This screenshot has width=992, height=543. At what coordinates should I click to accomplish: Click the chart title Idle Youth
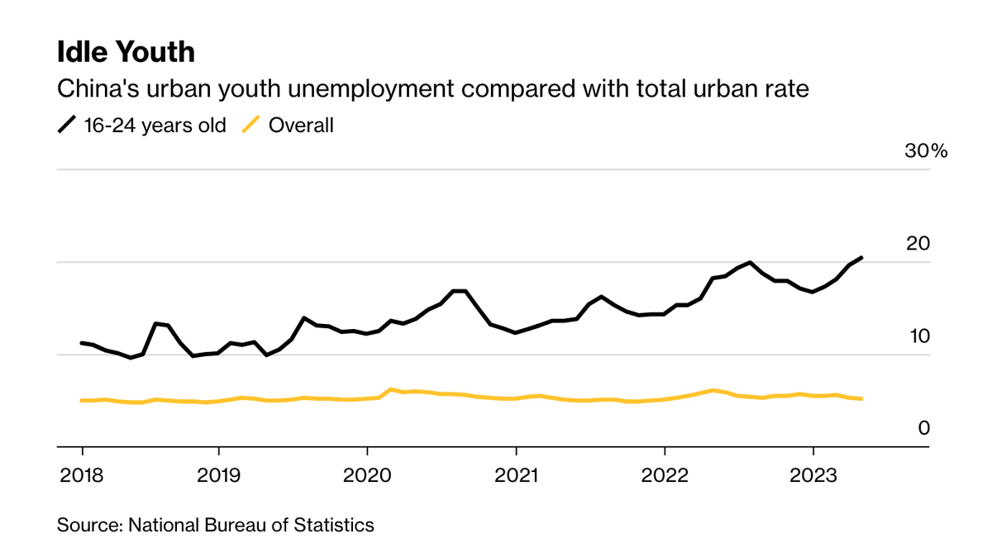[x=126, y=52]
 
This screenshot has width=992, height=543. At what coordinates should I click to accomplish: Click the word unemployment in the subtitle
[x=418, y=88]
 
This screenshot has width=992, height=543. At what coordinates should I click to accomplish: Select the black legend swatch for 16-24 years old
[x=66, y=126]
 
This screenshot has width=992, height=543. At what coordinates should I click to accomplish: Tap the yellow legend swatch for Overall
[x=250, y=126]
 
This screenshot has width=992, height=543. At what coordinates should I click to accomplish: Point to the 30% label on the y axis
[x=925, y=151]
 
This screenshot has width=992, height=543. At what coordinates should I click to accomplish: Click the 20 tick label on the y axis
[x=918, y=244]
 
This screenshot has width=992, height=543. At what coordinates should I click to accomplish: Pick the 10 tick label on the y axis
[x=918, y=336]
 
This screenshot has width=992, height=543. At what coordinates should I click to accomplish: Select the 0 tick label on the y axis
[x=924, y=428]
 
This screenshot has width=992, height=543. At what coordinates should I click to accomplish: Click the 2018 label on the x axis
[x=82, y=475]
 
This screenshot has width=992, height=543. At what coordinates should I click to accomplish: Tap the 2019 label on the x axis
[x=218, y=475]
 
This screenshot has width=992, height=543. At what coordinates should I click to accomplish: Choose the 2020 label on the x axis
[x=367, y=475]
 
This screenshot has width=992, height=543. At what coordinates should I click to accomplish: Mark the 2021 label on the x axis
[x=516, y=475]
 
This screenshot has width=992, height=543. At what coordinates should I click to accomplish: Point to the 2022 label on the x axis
[x=665, y=475]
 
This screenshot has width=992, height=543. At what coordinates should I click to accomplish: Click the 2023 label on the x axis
[x=813, y=475]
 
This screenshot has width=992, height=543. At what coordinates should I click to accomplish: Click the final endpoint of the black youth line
[x=862, y=258]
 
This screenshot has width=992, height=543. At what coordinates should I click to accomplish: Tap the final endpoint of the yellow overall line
[x=862, y=398]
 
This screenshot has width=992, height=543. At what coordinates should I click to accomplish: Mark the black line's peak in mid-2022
[x=750, y=262]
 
